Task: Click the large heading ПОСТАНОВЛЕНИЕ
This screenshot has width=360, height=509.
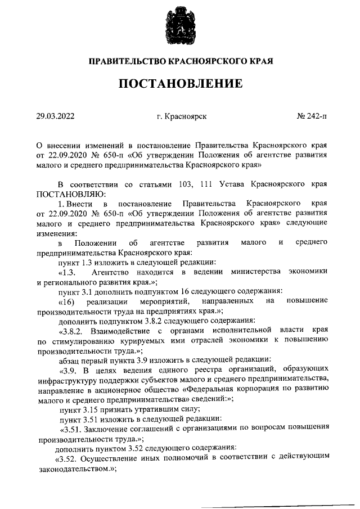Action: [180, 84]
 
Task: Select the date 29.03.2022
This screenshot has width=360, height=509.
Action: [56, 116]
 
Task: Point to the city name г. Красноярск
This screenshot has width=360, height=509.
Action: [182, 116]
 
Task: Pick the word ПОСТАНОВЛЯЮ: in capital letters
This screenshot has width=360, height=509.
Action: [67, 193]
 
